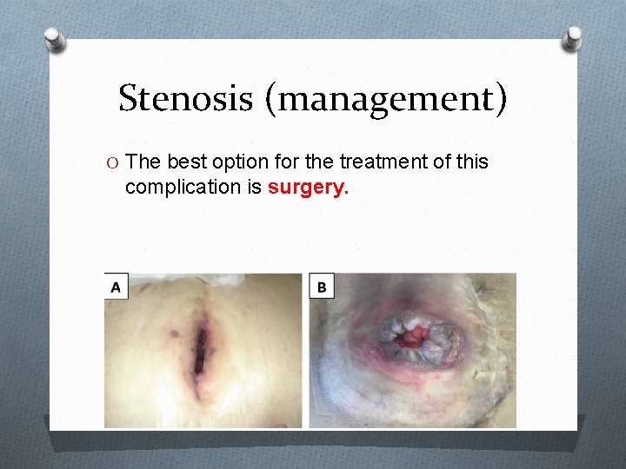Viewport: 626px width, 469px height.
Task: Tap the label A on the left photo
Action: pos(116,286)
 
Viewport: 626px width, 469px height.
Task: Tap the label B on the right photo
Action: pos(322,286)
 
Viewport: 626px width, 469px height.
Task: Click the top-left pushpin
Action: pos(55,39)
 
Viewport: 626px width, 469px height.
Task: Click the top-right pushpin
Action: pos(572,37)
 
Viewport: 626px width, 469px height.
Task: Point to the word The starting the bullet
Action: pos(143,162)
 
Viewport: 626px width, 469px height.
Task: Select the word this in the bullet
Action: pos(470,162)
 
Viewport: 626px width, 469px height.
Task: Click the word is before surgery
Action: pos(256,187)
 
